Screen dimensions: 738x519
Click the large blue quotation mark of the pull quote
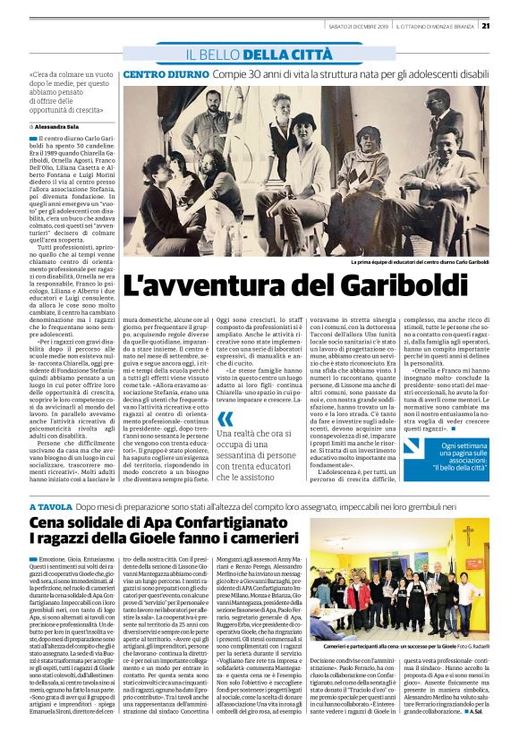pyautogui.click(x=225, y=419)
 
